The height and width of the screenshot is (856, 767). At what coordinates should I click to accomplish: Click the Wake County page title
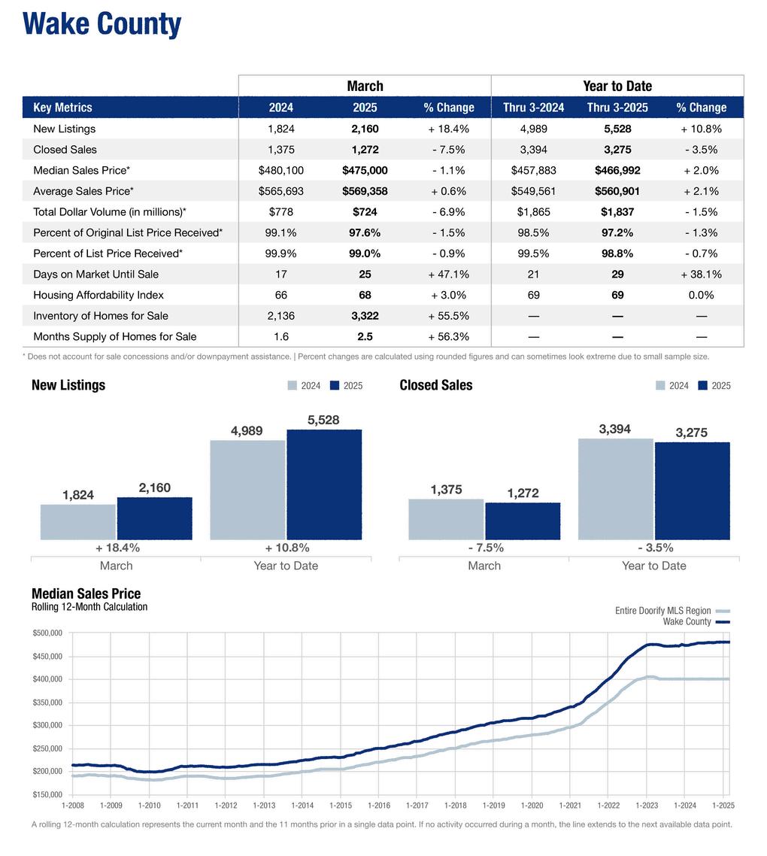pos(102,24)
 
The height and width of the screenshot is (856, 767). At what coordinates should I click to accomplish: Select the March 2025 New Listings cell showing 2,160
pos(365,129)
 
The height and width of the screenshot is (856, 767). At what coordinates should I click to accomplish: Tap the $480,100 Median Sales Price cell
pos(281,171)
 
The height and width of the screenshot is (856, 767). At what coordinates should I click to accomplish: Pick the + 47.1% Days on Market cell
pos(449,275)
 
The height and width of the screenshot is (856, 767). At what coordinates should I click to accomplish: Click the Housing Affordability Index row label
pos(98,295)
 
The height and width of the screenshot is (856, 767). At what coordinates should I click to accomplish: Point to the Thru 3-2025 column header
pos(617,108)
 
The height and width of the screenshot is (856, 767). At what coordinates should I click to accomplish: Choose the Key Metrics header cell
pos(62,108)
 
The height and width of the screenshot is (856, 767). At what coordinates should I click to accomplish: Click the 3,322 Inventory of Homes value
pos(365,316)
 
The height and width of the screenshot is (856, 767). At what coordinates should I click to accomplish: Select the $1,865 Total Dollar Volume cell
pos(533,212)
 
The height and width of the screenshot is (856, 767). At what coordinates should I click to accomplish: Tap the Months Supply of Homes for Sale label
pos(114,336)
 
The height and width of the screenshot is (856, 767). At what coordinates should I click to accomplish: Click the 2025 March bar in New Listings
pos(154,518)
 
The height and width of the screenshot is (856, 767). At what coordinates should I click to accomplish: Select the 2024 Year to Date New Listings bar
pos(247,490)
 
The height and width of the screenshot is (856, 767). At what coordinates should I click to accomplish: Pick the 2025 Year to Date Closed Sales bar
pos(692,490)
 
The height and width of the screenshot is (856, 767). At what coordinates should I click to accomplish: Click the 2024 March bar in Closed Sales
pos(446,519)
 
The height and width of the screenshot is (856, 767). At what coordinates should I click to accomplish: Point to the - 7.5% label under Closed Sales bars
pos(484,548)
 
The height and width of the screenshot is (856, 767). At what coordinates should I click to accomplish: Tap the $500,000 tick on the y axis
pos(47,633)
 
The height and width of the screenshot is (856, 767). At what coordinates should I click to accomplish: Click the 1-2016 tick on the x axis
pos(378,806)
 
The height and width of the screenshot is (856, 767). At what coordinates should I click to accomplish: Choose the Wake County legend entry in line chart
pos(687,621)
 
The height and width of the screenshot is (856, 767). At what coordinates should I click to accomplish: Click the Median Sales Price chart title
pos(86,594)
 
